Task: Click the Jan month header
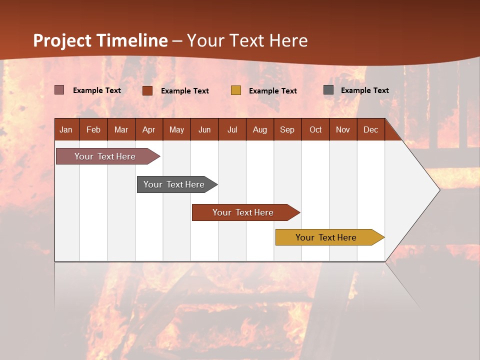[x=66, y=130]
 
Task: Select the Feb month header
[x=93, y=130]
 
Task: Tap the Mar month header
[x=121, y=130]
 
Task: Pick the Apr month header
[x=149, y=130]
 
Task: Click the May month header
[x=176, y=130]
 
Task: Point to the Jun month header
[x=204, y=130]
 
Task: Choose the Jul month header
[x=232, y=130]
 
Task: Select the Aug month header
[x=260, y=130]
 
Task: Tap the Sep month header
[x=287, y=130]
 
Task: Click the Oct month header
[x=315, y=130]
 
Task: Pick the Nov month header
[x=343, y=130]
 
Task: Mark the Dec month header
[x=371, y=130]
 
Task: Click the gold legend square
[x=236, y=90]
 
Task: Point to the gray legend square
[x=328, y=90]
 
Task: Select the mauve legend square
[x=59, y=90]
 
